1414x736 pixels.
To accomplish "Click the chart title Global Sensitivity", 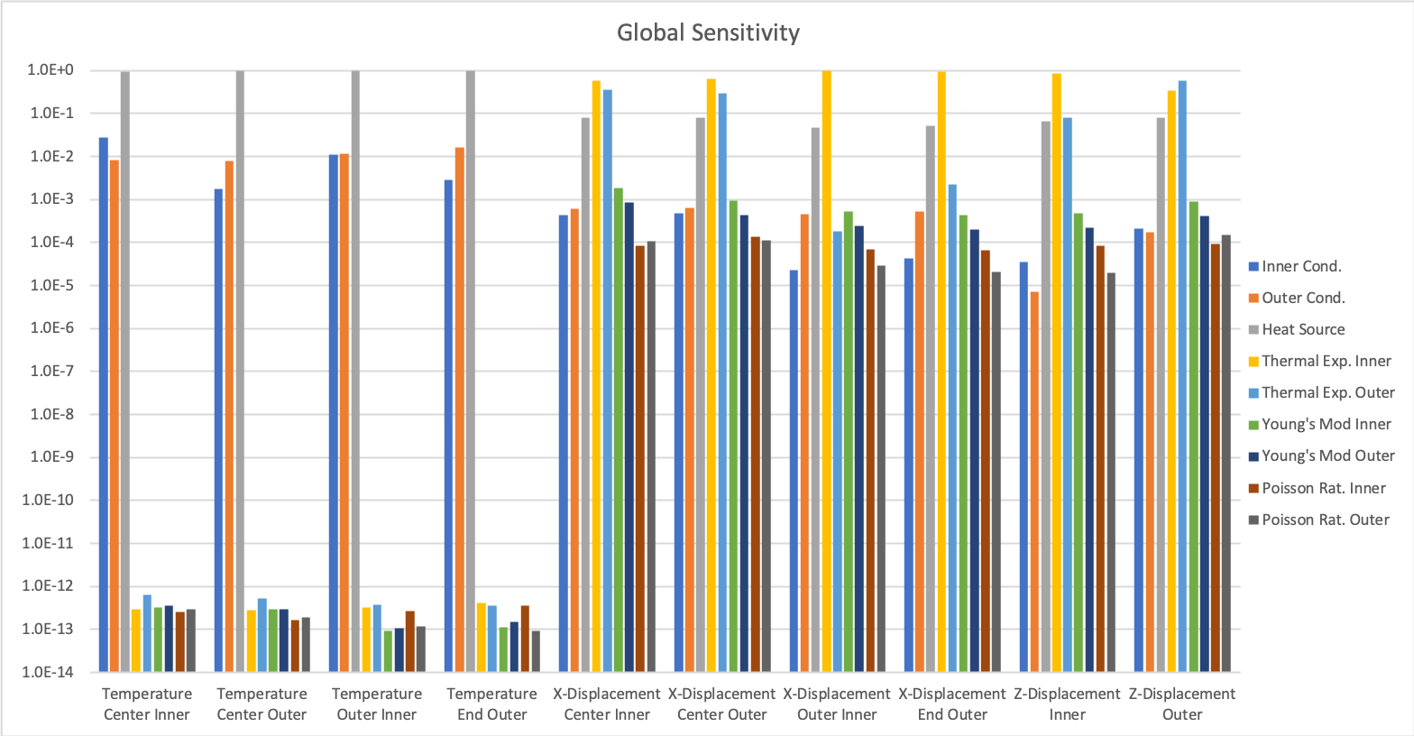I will tap(708, 33).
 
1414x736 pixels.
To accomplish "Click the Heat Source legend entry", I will tap(1302, 329).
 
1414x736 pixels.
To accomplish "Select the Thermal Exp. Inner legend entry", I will tap(1326, 361).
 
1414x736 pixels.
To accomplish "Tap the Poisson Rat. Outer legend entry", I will tap(1325, 520).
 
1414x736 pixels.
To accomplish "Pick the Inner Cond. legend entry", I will tap(1300, 266).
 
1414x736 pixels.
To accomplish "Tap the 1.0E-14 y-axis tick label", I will tap(53, 672).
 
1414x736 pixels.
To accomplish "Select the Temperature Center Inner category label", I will tap(147, 704).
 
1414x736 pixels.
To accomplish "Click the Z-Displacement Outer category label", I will tap(1181, 704).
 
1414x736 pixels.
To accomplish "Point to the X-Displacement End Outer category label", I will tap(951, 704).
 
